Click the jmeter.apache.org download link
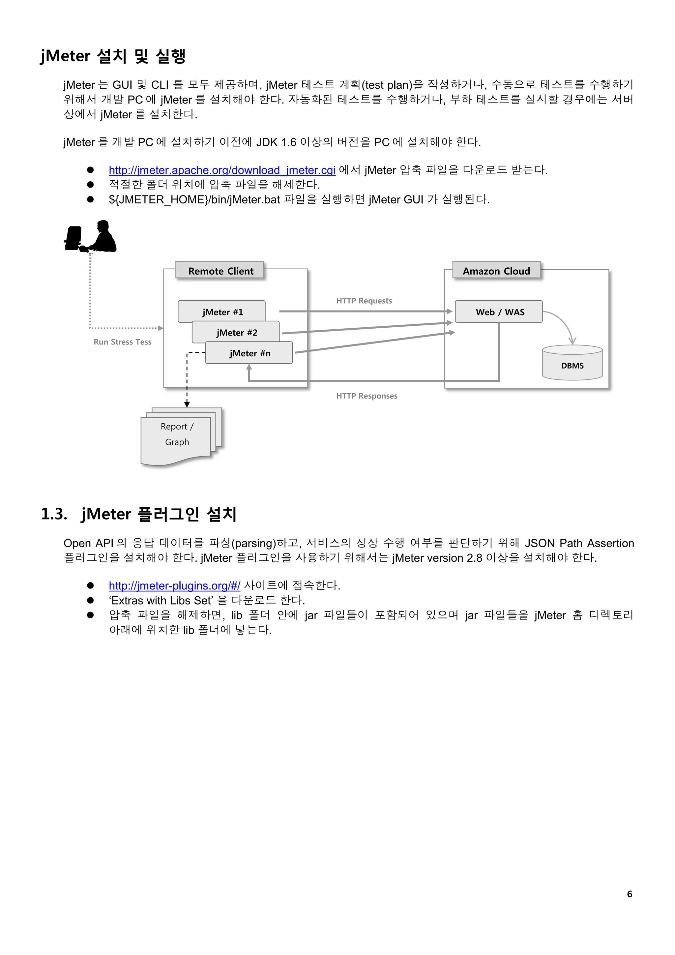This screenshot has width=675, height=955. (x=222, y=170)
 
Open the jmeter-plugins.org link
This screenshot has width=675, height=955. (x=174, y=586)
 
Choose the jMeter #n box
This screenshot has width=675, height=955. (x=249, y=353)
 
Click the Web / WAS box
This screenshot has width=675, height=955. (x=499, y=312)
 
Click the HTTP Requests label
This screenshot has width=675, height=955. (x=364, y=301)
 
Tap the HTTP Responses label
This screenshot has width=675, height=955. (x=367, y=396)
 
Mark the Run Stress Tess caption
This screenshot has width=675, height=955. (x=122, y=342)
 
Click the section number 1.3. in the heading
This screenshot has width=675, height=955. (x=54, y=514)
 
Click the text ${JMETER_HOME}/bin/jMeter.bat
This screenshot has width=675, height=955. (x=194, y=200)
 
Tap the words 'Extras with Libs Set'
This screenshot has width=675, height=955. (x=161, y=601)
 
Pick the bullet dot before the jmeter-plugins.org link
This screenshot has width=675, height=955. (x=90, y=586)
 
